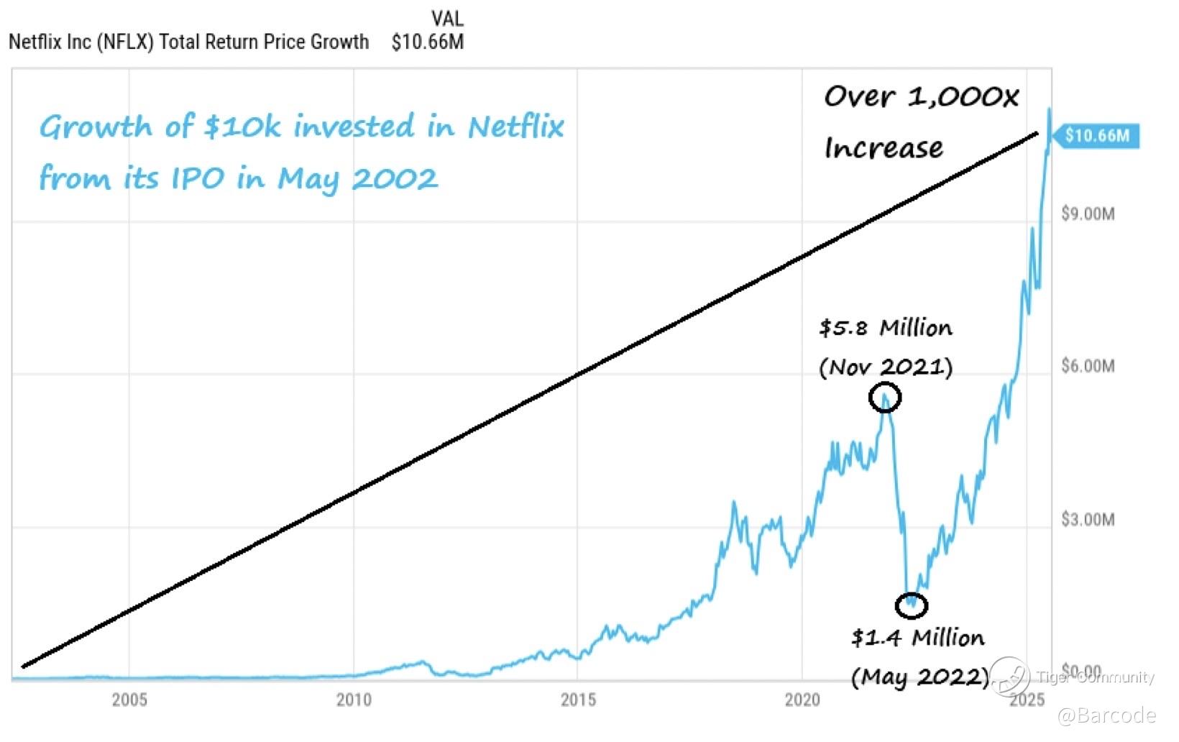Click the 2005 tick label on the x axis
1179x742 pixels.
pyautogui.click(x=129, y=700)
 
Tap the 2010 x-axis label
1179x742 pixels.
pyautogui.click(x=354, y=700)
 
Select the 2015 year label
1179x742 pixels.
pyautogui.click(x=578, y=700)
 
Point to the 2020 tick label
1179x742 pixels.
pyautogui.click(x=802, y=700)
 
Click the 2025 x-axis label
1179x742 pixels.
pyautogui.click(x=1027, y=700)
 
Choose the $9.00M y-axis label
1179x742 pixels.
pyautogui.click(x=1088, y=214)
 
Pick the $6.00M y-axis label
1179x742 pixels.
pyautogui.click(x=1088, y=366)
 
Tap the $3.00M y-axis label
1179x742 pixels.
pyautogui.click(x=1088, y=519)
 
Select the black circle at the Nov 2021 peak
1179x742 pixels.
pyautogui.click(x=885, y=398)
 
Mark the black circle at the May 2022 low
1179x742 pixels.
pyautogui.click(x=912, y=605)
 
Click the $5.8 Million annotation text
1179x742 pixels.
pyautogui.click(x=886, y=328)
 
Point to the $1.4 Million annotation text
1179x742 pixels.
pyautogui.click(x=918, y=638)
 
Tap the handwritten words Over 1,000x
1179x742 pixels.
pyautogui.click(x=921, y=96)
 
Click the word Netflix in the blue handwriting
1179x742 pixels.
pyautogui.click(x=515, y=127)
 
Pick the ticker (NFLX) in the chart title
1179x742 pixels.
pyautogui.click(x=125, y=42)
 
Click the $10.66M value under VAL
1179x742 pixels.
pyautogui.click(x=428, y=42)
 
